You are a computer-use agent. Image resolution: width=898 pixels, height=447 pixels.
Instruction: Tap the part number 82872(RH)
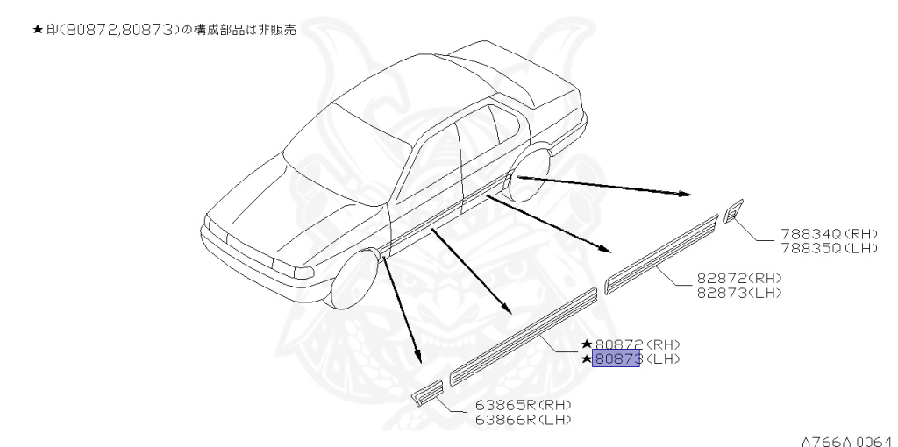(x=738, y=278)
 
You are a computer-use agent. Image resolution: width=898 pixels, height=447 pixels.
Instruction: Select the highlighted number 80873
(x=616, y=358)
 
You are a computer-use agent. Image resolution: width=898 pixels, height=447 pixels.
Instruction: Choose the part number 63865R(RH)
(x=523, y=406)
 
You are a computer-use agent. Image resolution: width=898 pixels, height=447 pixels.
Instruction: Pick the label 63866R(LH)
(x=523, y=419)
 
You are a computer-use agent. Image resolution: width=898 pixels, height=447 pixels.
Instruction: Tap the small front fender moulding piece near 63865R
(x=429, y=392)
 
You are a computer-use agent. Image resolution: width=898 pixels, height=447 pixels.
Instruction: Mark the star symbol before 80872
(x=587, y=345)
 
